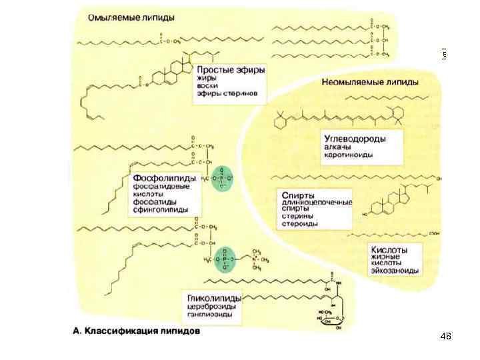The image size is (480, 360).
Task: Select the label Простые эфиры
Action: (227, 69)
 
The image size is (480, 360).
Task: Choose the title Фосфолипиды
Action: (165, 178)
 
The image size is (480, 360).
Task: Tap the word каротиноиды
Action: (349, 155)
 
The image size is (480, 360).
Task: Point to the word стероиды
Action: (299, 224)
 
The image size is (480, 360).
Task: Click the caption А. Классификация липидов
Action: (135, 331)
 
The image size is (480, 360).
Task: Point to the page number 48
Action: (445, 336)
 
